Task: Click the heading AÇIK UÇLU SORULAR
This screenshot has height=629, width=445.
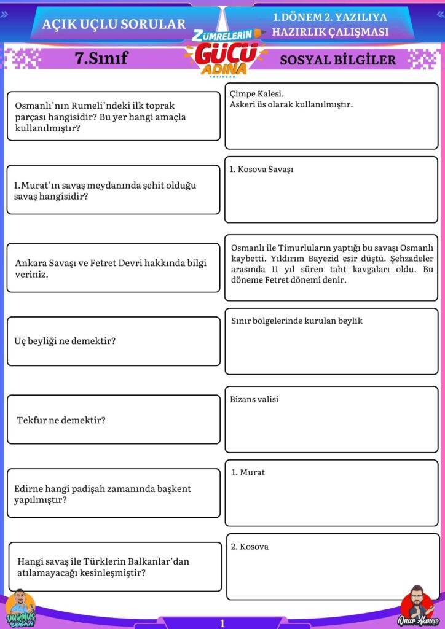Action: click(x=114, y=24)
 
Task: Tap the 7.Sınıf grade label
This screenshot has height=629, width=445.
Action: click(x=101, y=58)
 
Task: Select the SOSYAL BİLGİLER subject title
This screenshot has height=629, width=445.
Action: click(x=337, y=60)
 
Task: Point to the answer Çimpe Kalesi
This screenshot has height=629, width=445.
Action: click(x=256, y=94)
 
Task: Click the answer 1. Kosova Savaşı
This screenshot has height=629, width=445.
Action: click(x=261, y=169)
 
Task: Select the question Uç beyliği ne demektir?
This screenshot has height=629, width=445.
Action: click(x=65, y=341)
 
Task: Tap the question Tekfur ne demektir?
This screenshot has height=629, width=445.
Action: click(x=61, y=420)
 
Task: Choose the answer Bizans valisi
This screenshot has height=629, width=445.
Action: click(x=254, y=399)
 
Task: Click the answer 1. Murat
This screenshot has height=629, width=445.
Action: click(x=248, y=472)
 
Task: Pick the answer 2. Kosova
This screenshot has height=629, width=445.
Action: click(x=250, y=546)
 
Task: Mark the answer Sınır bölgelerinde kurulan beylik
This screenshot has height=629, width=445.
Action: click(x=296, y=321)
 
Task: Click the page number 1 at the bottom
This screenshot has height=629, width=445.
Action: click(x=222, y=623)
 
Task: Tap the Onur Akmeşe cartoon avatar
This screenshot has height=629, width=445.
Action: click(x=416, y=604)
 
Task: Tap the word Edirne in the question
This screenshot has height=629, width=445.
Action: click(x=28, y=489)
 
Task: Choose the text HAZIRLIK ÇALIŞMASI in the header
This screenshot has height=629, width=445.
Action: click(x=330, y=32)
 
